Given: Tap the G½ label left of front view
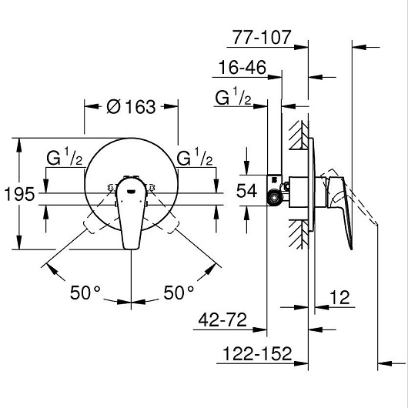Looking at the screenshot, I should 65,159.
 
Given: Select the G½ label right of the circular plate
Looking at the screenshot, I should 195,159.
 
